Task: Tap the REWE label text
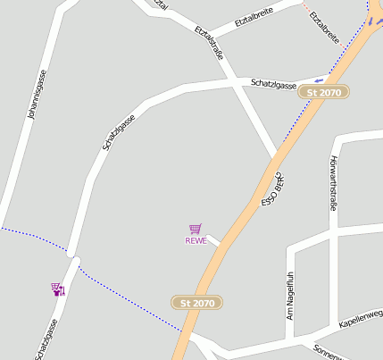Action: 196,240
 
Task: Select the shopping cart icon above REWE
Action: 195,229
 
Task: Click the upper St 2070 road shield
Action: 324,92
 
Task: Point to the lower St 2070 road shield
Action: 197,303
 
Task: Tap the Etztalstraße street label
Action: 209,44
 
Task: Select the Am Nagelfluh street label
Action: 290,296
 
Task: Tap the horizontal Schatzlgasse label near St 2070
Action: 273,84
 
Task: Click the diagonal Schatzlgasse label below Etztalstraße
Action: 119,131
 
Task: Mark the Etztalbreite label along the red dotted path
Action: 324,28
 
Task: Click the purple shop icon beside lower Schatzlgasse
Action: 58,289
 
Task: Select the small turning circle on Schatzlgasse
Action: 73,261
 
